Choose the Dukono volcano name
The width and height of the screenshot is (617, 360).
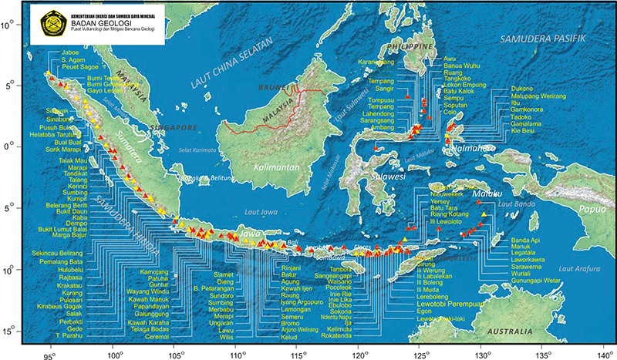[x=523, y=89]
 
